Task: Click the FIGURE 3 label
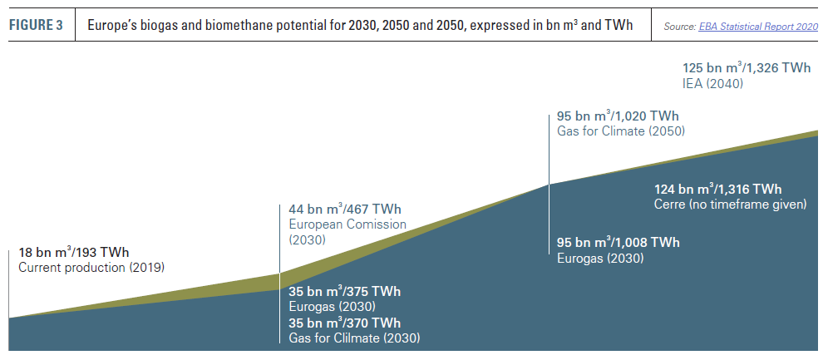36,25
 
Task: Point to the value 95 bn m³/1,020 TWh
618,116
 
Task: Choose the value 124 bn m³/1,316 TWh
718,189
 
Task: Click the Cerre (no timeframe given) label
731,205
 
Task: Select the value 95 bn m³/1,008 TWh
618,243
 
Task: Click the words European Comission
347,224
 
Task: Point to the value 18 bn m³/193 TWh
74,252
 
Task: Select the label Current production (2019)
91,268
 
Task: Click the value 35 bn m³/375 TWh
345,291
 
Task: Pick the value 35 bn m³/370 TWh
345,323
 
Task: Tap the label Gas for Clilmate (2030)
354,338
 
